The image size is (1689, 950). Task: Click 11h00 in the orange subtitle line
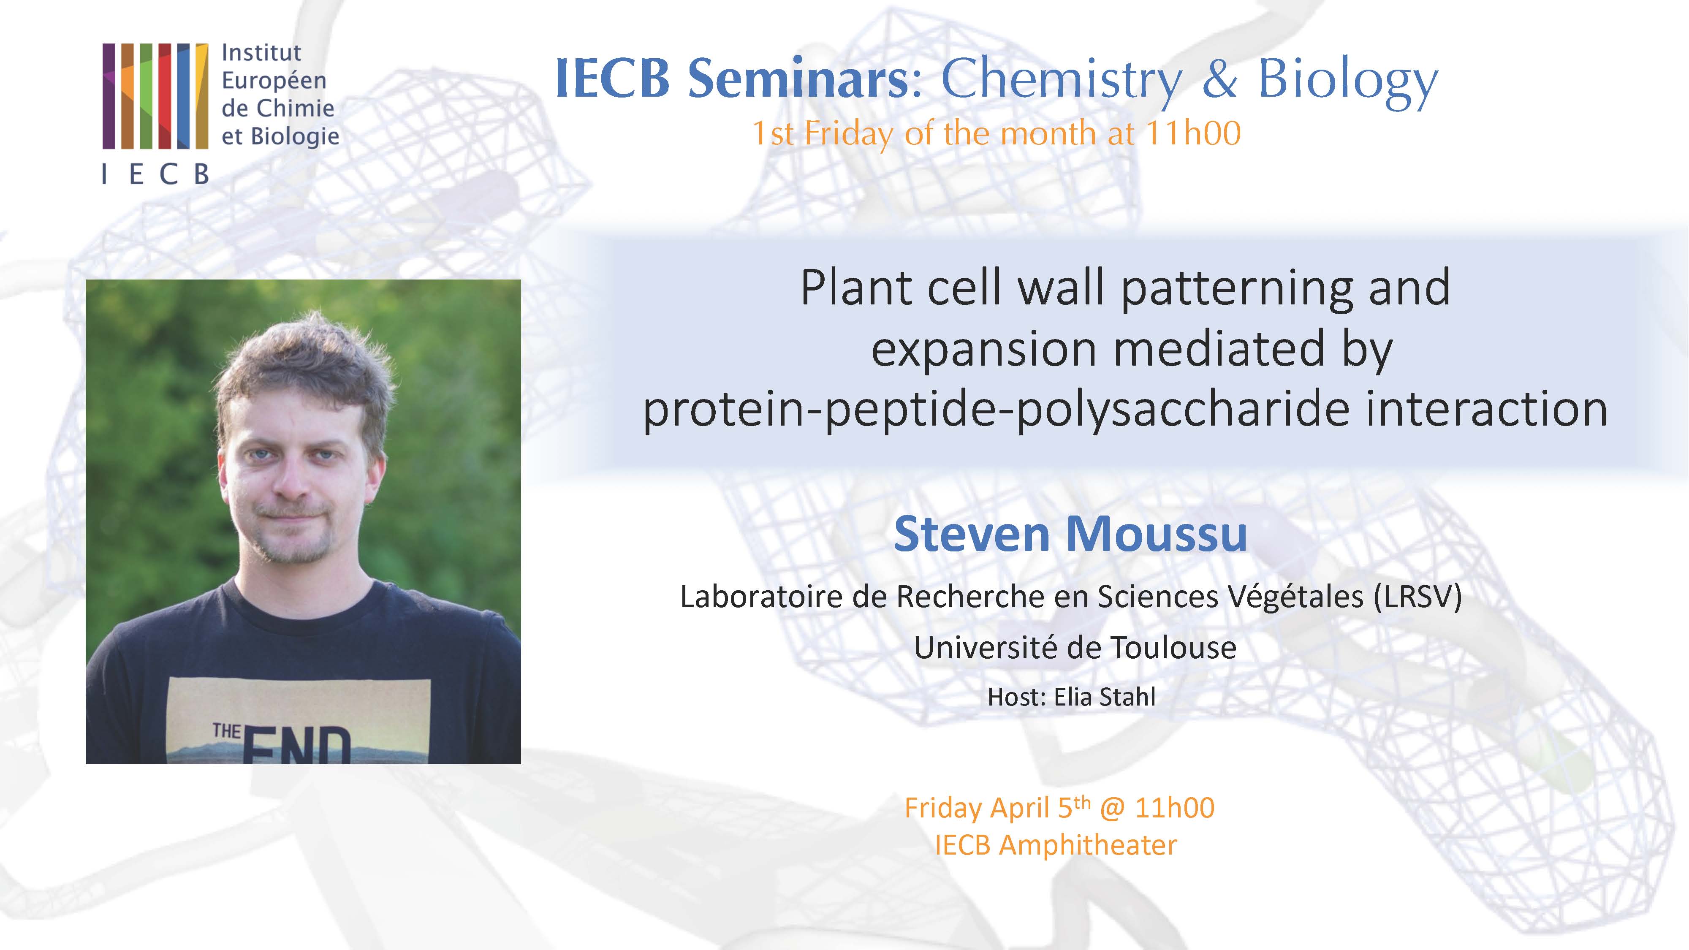pyautogui.click(x=1192, y=134)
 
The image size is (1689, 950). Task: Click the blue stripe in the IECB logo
pyautogui.click(x=184, y=96)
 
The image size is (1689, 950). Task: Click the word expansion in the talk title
pyautogui.click(x=983, y=350)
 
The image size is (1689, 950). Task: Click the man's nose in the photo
pyautogui.click(x=292, y=482)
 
